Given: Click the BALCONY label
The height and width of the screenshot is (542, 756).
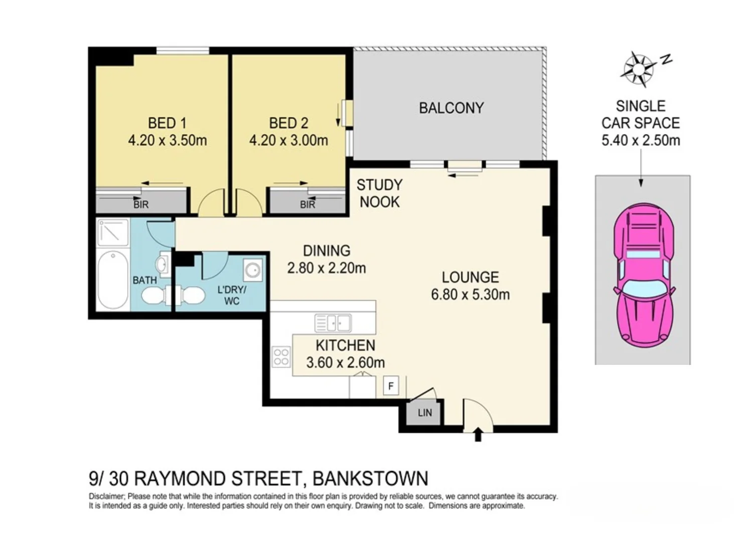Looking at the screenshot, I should click(x=451, y=108).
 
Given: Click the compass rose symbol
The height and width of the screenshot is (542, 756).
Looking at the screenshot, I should click(x=638, y=68).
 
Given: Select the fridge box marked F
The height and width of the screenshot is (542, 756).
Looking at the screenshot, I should click(x=391, y=386).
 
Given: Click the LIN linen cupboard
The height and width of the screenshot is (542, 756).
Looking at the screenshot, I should click(x=424, y=413).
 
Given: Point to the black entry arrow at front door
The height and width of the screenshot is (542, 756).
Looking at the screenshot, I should click(x=478, y=434).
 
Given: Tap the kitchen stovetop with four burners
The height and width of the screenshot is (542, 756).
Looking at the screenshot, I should click(x=281, y=357).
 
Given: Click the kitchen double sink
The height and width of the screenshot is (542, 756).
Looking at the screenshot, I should click(x=333, y=323).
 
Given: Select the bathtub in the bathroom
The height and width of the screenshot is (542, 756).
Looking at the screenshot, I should click(x=113, y=280).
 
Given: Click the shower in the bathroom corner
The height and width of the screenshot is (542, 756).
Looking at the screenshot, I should click(x=113, y=232).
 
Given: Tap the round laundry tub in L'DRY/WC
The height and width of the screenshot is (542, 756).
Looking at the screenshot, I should click(x=253, y=270).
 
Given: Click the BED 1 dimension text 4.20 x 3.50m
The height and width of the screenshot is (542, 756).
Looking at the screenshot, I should click(x=167, y=141).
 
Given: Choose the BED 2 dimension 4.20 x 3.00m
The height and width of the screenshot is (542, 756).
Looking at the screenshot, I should click(x=288, y=141).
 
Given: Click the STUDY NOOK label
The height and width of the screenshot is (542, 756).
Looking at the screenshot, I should click(x=379, y=194).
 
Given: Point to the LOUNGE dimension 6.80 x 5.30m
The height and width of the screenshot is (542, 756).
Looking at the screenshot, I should click(x=470, y=295).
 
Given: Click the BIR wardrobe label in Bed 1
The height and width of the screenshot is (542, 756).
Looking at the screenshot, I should click(x=141, y=205).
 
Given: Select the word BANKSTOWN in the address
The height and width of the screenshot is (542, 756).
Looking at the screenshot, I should click(x=370, y=479).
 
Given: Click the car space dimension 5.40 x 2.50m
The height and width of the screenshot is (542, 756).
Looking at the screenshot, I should click(x=641, y=141).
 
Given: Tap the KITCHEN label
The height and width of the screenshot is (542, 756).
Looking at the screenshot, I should click(x=345, y=345).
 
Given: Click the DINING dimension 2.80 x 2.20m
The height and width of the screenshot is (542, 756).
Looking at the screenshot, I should click(x=326, y=268).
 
